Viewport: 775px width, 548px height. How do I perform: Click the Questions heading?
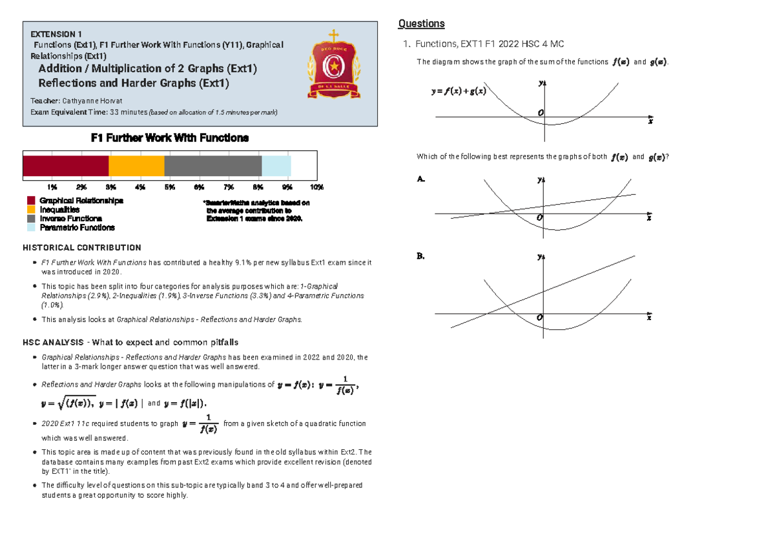point(421,24)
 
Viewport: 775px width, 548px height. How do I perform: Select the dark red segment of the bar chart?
point(65,166)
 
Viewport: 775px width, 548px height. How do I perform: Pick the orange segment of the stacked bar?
point(136,166)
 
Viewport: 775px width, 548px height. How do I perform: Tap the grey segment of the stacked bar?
point(212,166)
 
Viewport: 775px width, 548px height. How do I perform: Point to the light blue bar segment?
point(276,166)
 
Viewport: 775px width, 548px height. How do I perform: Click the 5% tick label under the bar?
point(170,187)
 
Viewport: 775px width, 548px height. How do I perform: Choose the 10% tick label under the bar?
point(316,187)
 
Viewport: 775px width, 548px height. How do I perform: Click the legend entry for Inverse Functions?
point(70,218)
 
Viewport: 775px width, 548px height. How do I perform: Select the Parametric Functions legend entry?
point(77,227)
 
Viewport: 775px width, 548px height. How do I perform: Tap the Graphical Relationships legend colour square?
point(30,201)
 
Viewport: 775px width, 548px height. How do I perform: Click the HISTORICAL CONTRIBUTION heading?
point(82,247)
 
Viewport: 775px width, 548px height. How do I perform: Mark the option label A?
point(421,179)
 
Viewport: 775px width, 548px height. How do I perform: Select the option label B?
point(421,256)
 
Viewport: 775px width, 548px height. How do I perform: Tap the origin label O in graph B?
point(539,318)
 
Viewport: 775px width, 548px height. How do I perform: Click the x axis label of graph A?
point(649,219)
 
